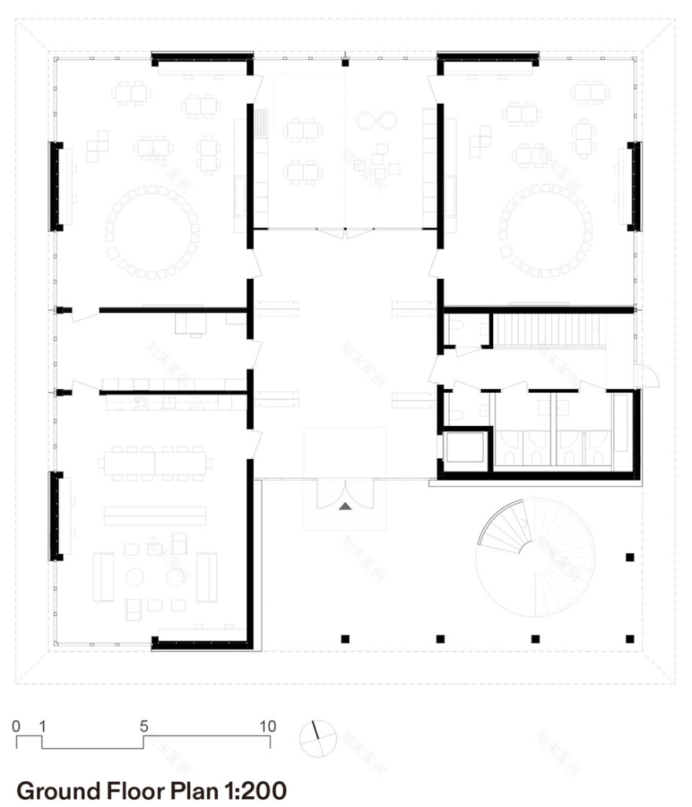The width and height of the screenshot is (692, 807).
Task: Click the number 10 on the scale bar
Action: [x=267, y=725]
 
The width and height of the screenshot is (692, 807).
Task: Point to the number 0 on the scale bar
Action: [x=17, y=725]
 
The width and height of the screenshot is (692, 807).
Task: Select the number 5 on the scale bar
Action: [x=144, y=725]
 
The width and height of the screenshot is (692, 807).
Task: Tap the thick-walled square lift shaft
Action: [x=466, y=449]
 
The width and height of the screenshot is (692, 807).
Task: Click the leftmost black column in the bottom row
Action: [x=345, y=638]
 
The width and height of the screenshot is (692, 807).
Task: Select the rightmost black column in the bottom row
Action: [x=629, y=637]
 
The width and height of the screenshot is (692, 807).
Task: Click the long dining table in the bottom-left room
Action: [x=154, y=460]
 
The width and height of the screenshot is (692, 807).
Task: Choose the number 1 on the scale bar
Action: [x=42, y=725]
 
